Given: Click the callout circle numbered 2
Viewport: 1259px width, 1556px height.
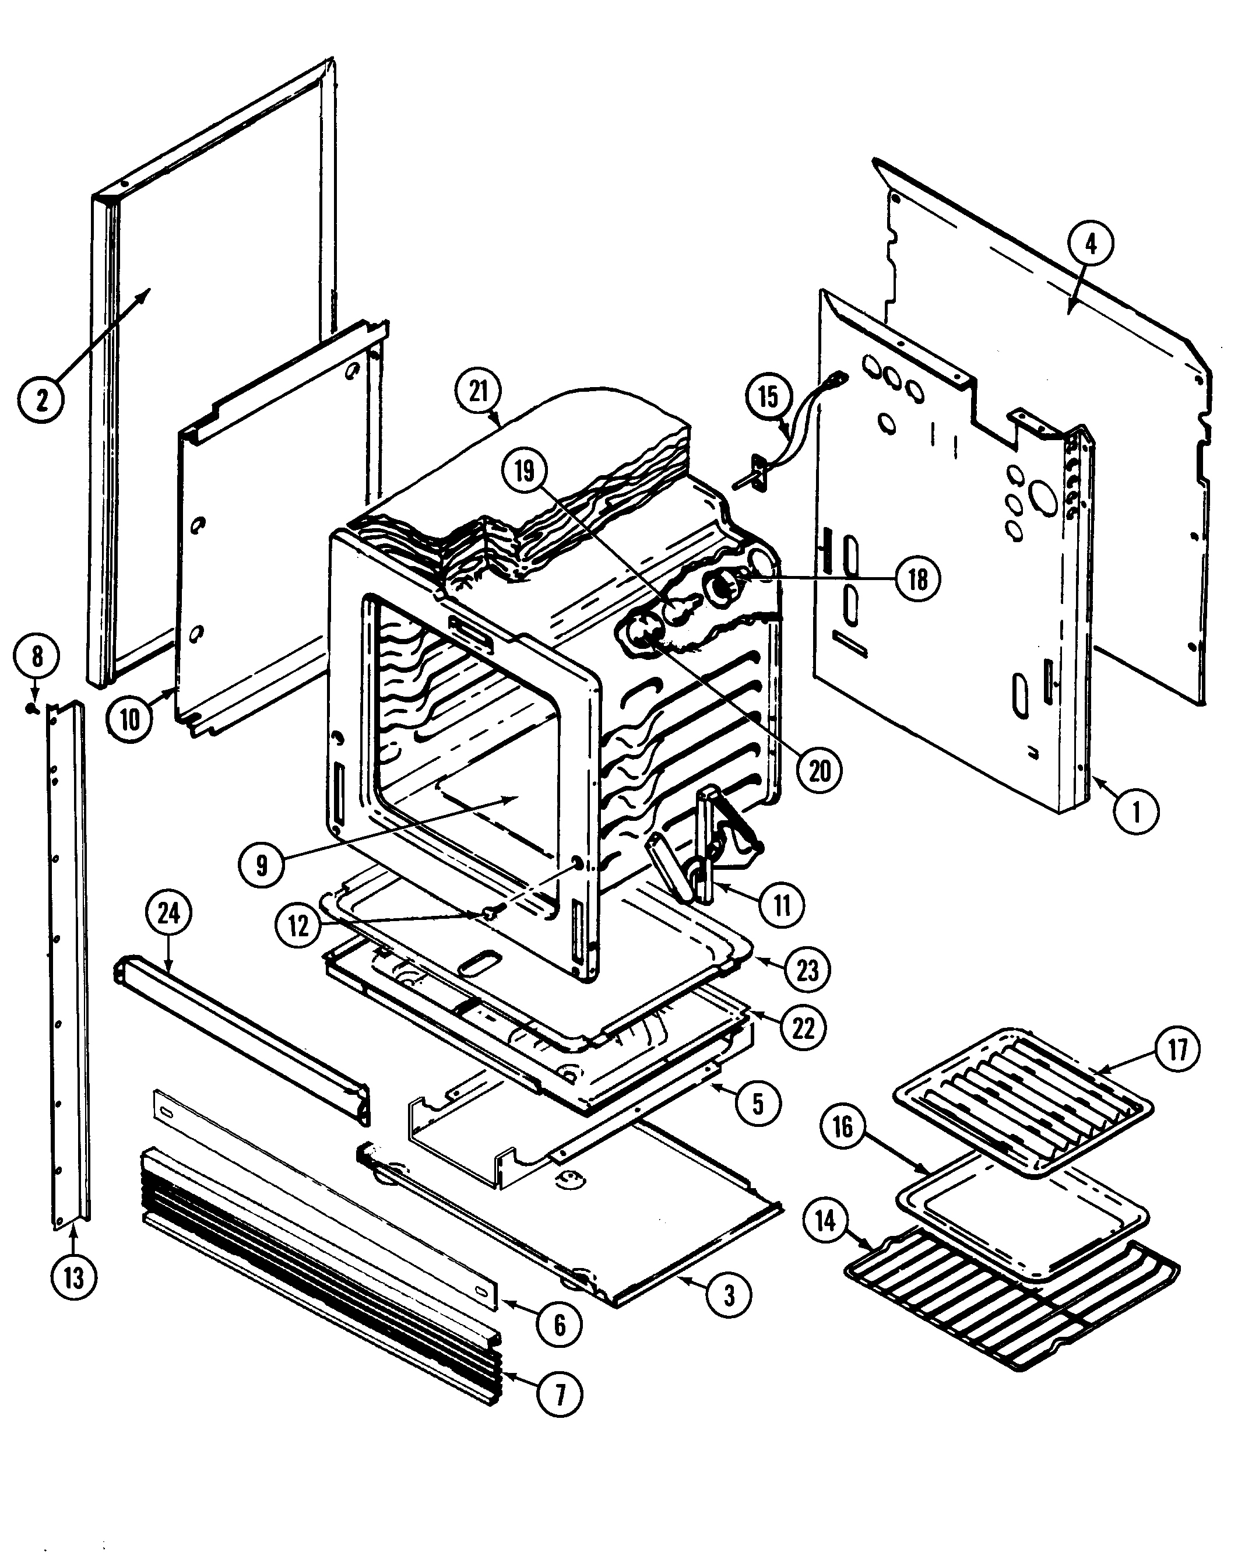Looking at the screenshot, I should pyautogui.click(x=41, y=398).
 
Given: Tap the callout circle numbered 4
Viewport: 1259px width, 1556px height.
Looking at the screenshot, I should pyautogui.click(x=1091, y=244).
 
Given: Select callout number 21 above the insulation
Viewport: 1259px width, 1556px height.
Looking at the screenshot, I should pyautogui.click(x=478, y=392).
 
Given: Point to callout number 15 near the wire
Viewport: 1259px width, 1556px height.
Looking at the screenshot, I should pyautogui.click(x=768, y=397).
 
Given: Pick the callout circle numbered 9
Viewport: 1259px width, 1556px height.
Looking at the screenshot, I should pyautogui.click(x=262, y=865).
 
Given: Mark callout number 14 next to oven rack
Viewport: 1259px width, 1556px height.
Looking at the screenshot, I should pyautogui.click(x=825, y=1221).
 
